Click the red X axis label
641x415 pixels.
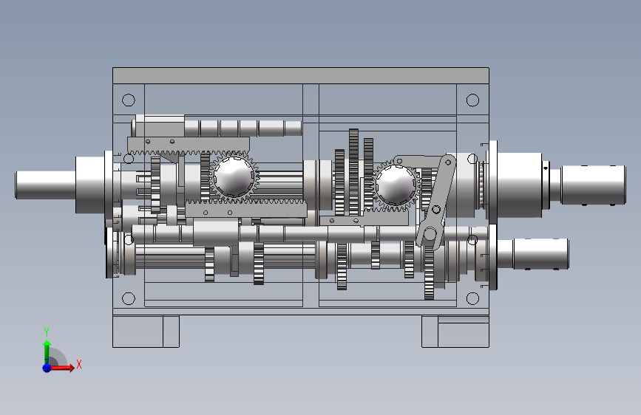[79, 364]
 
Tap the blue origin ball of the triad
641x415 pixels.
[47, 368]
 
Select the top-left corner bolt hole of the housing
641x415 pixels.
[129, 100]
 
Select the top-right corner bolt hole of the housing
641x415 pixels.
[472, 100]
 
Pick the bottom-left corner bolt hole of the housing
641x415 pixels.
[129, 298]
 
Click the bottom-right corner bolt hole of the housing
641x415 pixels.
[472, 298]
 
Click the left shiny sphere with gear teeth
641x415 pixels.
[234, 176]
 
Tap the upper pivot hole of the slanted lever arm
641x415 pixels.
[448, 162]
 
